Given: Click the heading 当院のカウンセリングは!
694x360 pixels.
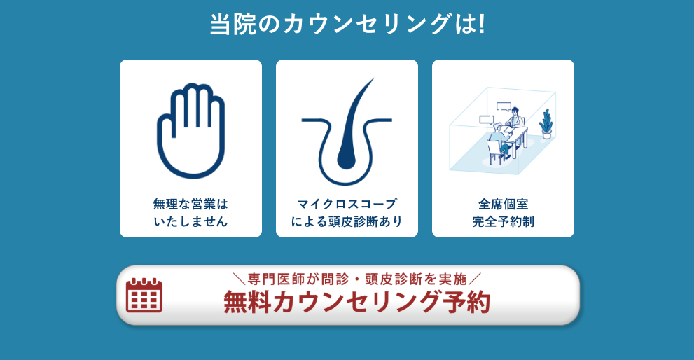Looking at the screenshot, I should (347, 24).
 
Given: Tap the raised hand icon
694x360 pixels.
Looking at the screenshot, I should (190, 130).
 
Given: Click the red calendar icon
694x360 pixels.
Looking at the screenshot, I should (144, 295).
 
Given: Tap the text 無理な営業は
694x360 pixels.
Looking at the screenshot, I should (190, 204).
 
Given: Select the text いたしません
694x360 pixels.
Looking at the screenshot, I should (190, 222).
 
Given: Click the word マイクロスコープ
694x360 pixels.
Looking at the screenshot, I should (347, 204).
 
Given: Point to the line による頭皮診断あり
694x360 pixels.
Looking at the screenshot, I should (347, 222).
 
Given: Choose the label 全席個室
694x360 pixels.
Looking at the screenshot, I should (503, 204).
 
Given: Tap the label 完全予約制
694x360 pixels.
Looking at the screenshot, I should (503, 222).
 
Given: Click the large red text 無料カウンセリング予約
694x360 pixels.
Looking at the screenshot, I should (356, 303).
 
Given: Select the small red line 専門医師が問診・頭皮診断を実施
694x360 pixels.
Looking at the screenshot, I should (356, 278).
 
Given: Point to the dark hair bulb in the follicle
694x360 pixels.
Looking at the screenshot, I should (347, 155).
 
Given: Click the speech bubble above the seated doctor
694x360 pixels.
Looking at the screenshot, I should (504, 106).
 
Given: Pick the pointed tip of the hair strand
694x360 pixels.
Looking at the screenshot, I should (372, 80).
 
